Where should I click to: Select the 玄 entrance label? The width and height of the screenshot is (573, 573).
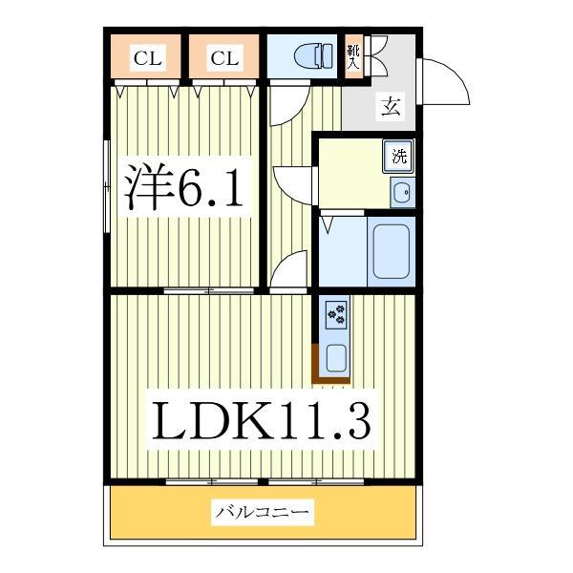pos(392,106)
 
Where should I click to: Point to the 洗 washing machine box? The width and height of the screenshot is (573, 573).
pos(398,156)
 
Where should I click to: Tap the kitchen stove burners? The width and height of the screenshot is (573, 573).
pos(337,312)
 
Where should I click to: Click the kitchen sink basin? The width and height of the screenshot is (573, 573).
pos(337,358)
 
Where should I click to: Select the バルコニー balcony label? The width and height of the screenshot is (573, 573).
pos(262,514)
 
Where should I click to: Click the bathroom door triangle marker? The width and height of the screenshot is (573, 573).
pos(329,224)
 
